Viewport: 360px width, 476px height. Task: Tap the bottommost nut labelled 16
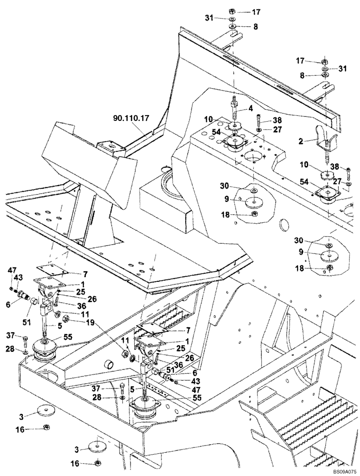tap(97, 462)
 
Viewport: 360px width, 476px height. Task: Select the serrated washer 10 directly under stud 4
tap(234, 126)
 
